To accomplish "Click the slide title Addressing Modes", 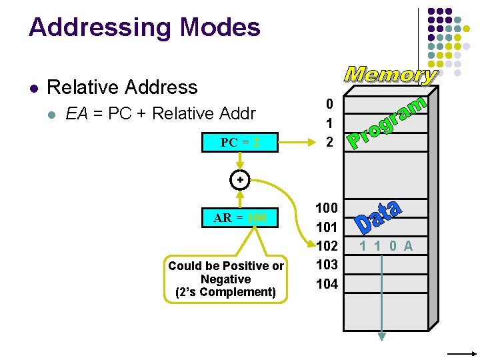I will (x=144, y=27).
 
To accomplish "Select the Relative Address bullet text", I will (x=123, y=87).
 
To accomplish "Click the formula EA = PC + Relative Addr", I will (x=161, y=114).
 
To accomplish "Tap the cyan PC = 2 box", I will (x=240, y=143).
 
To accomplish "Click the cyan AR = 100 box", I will (x=240, y=217).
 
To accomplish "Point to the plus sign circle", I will (x=240, y=180).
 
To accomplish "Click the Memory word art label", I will (x=391, y=74).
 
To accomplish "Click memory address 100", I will (x=327, y=208).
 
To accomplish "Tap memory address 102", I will (x=327, y=245).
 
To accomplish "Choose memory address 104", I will (x=327, y=284).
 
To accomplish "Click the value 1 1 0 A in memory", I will (x=386, y=246).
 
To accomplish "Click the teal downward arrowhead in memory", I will (x=381, y=336).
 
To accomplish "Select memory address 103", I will (x=327, y=265).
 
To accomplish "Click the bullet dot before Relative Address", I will (x=33, y=88).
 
